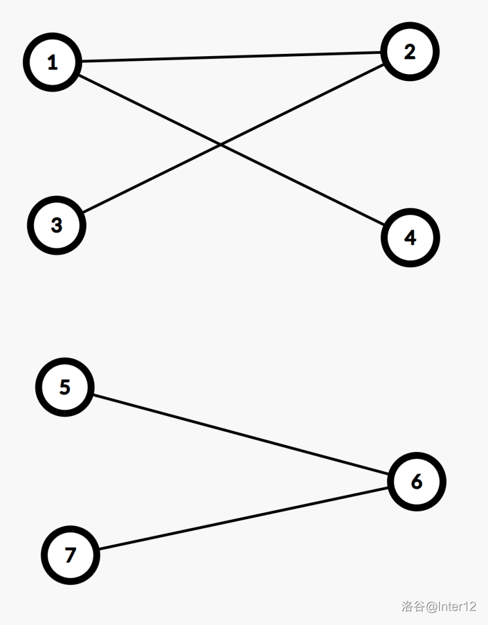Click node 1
pyautogui.click(x=52, y=62)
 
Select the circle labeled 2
pyautogui.click(x=410, y=52)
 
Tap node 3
pyautogui.click(x=56, y=225)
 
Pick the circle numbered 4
pyautogui.click(x=410, y=237)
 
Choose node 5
pyautogui.click(x=64, y=387)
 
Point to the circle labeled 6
pyautogui.click(x=416, y=481)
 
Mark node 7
pyautogui.click(x=70, y=555)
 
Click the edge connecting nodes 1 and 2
pyautogui.click(x=232, y=57)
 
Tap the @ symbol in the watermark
pyautogui.click(x=432, y=606)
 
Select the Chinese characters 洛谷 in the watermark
pyautogui.click(x=413, y=606)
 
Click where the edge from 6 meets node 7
pyautogui.click(x=98, y=550)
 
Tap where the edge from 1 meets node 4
pyautogui.click(x=384, y=225)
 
